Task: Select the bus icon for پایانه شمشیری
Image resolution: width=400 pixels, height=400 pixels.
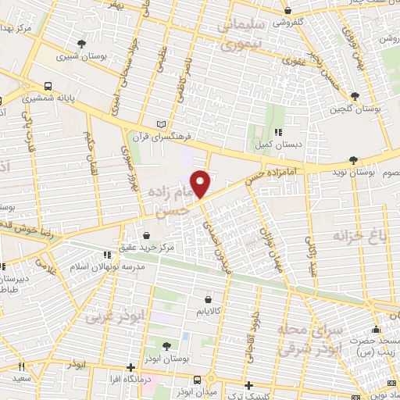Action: click(x=48, y=87)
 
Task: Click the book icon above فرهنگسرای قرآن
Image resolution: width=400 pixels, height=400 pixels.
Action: click(x=162, y=124)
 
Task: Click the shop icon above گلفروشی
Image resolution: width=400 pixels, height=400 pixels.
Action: click(x=288, y=11)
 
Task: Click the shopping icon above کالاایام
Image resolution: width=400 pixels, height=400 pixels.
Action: click(x=208, y=298)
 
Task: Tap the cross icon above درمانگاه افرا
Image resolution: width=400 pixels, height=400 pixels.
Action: click(x=130, y=367)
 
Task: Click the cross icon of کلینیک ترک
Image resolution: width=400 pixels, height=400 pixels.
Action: click(x=248, y=384)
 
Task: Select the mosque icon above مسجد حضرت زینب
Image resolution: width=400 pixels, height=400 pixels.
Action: click(x=377, y=329)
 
